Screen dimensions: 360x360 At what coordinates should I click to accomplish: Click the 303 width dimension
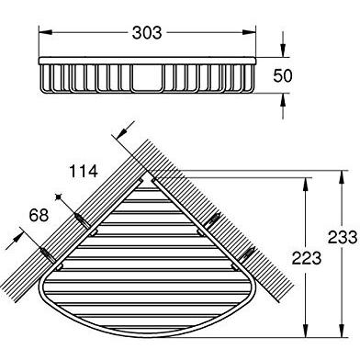[146, 34]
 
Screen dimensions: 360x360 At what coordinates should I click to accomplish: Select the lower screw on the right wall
[249, 252]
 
